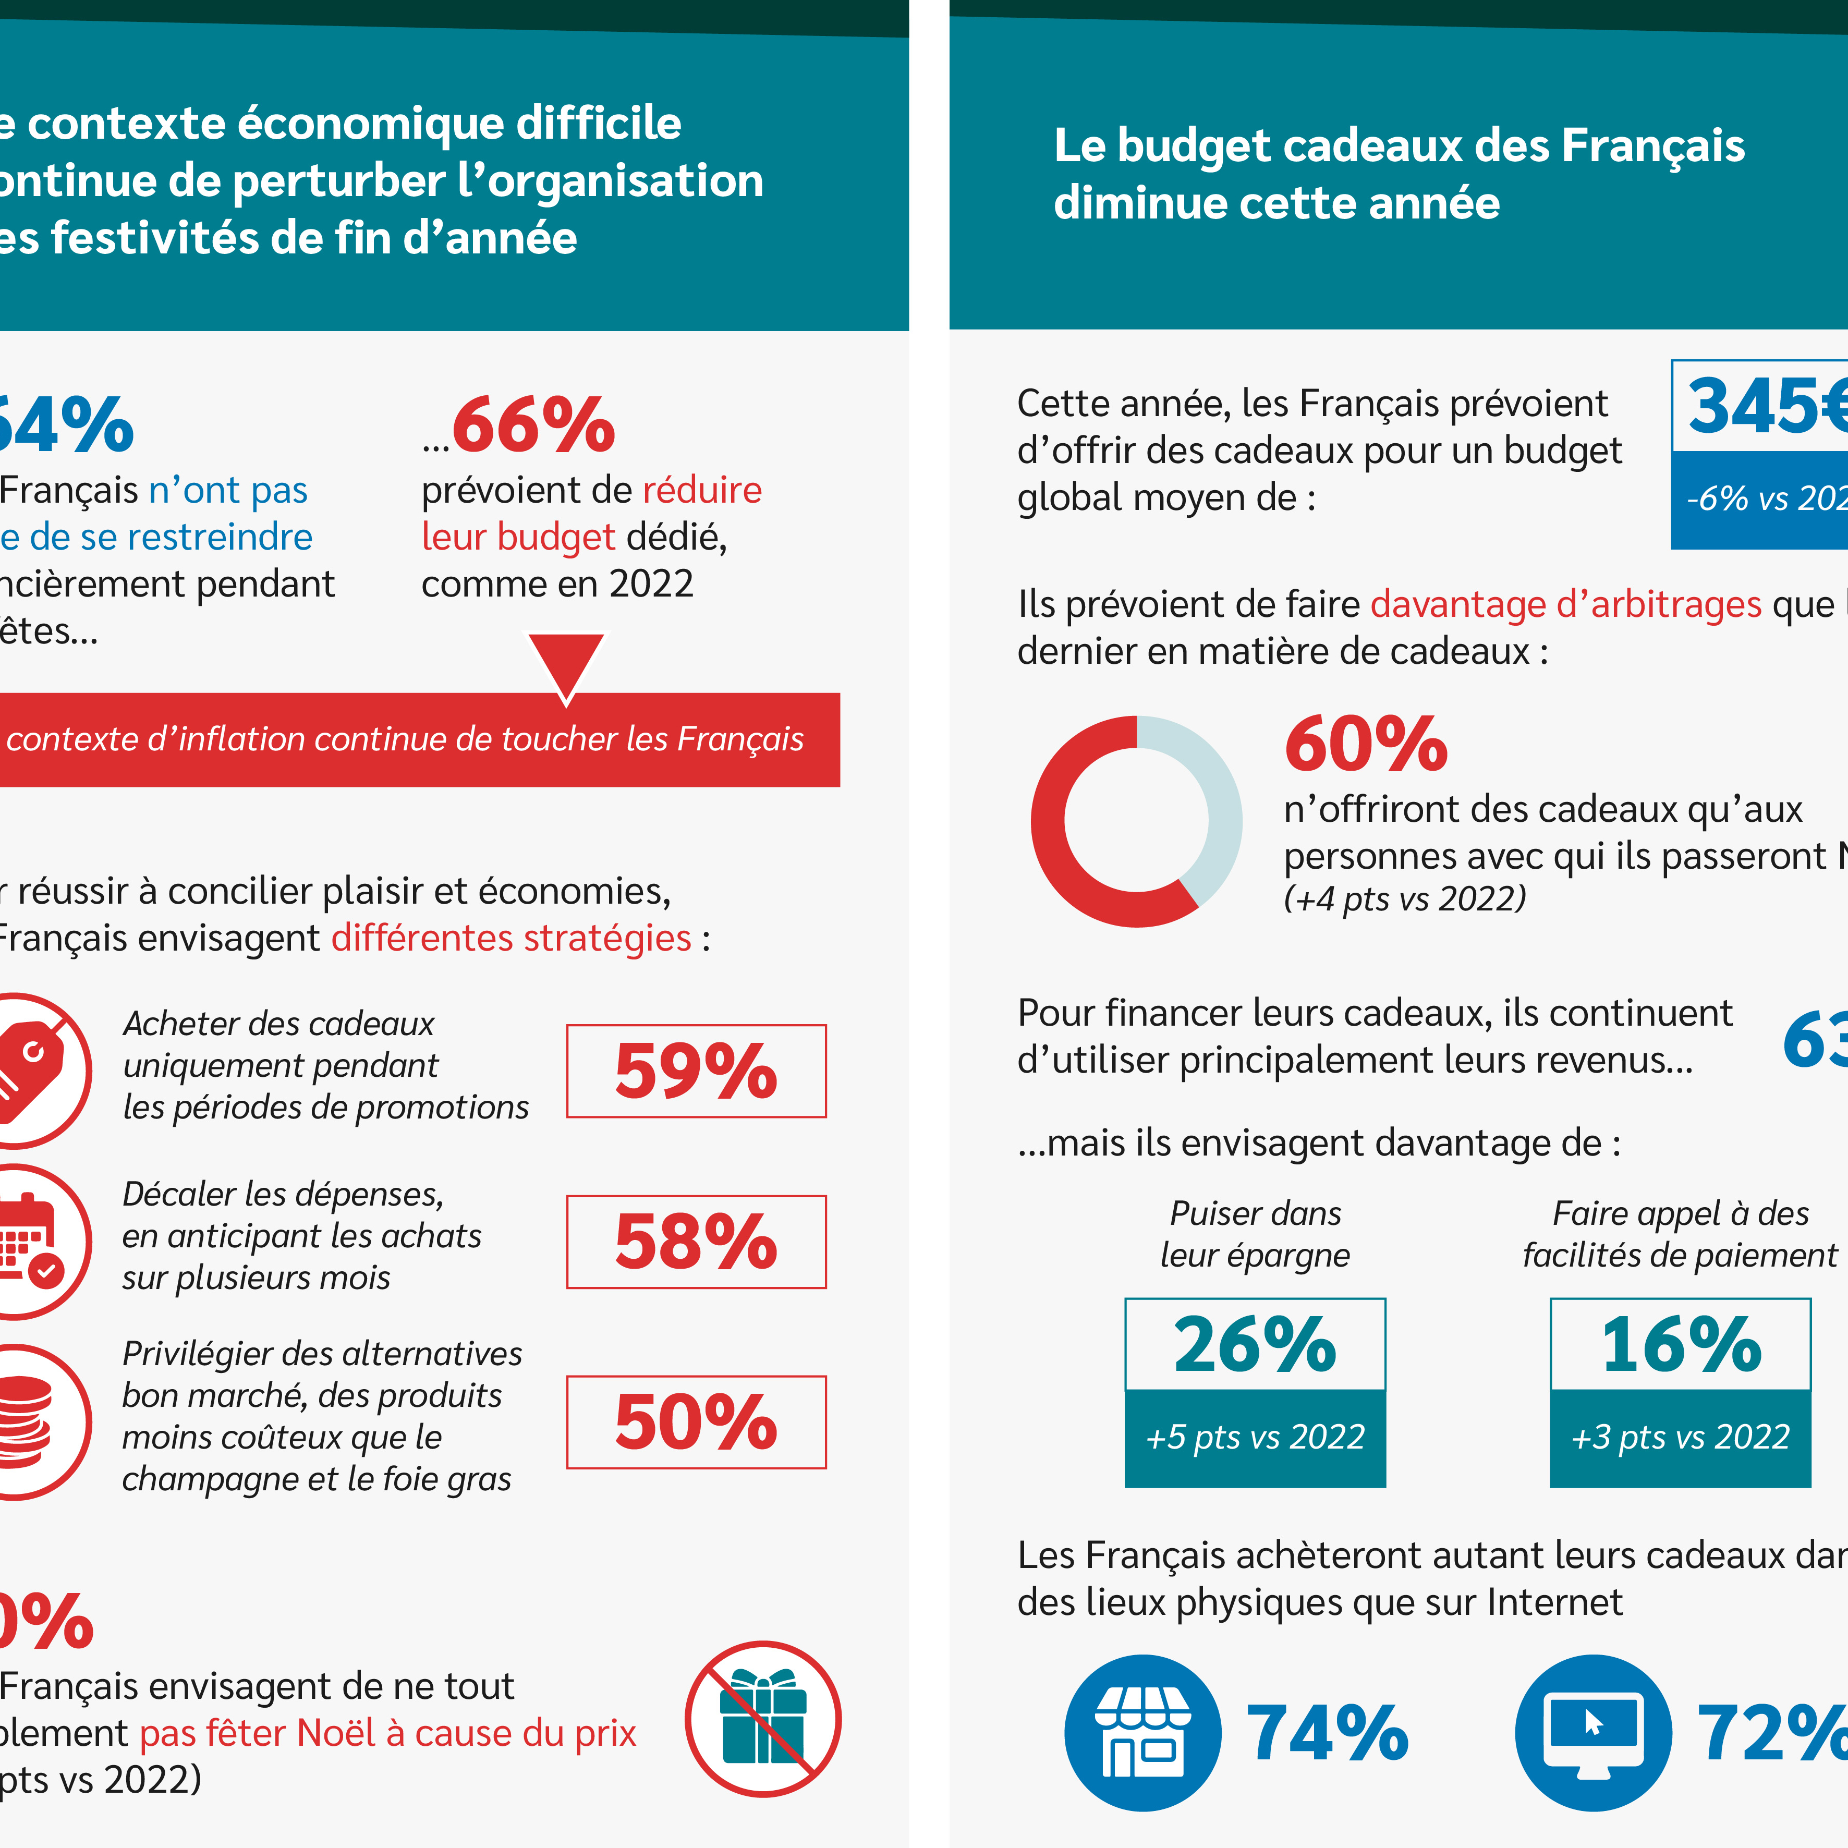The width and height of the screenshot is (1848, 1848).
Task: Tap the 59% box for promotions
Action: (696, 1071)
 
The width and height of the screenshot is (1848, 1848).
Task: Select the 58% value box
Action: (696, 1242)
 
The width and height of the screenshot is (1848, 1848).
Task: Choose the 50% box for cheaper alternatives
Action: (696, 1421)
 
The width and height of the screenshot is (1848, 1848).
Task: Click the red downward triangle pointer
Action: (566, 662)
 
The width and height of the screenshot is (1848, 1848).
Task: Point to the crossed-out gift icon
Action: (762, 1719)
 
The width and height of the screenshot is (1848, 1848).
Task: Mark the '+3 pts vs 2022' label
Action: (1681, 1437)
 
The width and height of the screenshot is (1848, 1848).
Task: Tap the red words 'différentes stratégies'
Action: (511, 939)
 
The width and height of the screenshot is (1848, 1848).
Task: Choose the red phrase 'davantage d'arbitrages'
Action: (1566, 604)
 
